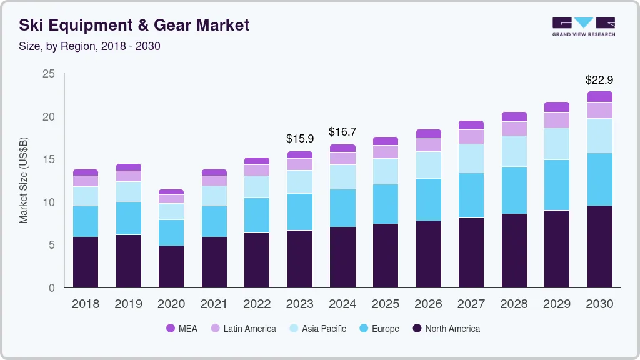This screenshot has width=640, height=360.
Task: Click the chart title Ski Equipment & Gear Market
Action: (134, 26)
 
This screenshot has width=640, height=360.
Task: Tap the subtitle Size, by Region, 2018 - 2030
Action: (89, 46)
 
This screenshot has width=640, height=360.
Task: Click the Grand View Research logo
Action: (583, 27)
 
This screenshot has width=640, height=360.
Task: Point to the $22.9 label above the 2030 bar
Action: (599, 80)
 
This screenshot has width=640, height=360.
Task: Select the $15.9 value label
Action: (299, 138)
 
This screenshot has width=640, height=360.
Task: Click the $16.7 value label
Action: (342, 132)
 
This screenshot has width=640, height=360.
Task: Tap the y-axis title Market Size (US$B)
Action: (24, 181)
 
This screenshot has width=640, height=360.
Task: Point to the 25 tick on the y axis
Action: (48, 74)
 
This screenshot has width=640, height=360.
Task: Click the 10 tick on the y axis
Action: (48, 202)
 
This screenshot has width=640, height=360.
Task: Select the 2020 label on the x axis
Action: (171, 304)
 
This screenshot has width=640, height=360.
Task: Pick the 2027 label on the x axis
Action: (471, 304)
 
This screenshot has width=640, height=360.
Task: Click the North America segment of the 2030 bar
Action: (599, 246)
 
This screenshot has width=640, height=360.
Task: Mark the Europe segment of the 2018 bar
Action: (86, 221)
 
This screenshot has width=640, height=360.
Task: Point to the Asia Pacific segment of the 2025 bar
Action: (386, 171)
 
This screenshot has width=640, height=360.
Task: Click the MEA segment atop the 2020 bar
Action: (171, 192)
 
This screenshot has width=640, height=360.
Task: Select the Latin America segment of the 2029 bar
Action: (556, 120)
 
